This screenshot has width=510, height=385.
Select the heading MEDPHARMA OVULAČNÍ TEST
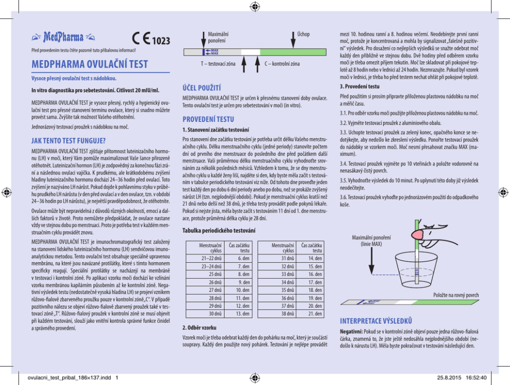pyautogui.click(x=89, y=65)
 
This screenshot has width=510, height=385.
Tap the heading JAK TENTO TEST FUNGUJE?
pyautogui.click(x=68, y=141)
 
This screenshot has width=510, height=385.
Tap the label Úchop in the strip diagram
pyautogui.click(x=303, y=34)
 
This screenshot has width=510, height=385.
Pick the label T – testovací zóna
pyautogui.click(x=218, y=64)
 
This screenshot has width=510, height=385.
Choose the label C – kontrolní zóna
pyautogui.click(x=282, y=64)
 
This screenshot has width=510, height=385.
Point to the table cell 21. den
pyautogui.click(x=315, y=314)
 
